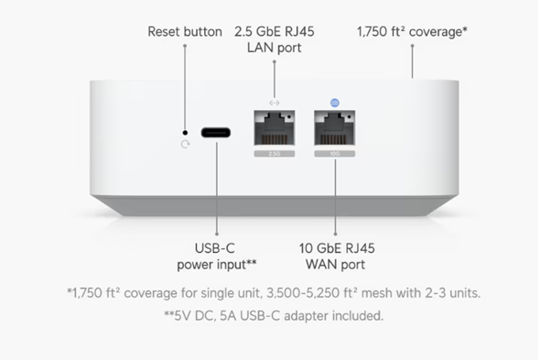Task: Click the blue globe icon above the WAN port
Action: pyautogui.click(x=333, y=103)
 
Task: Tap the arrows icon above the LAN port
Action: pyautogui.click(x=275, y=103)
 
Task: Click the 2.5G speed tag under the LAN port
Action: pyautogui.click(x=275, y=154)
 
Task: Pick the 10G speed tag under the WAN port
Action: pyautogui.click(x=333, y=154)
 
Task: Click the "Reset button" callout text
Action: pyautogui.click(x=184, y=32)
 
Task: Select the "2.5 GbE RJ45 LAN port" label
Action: pyautogui.click(x=275, y=39)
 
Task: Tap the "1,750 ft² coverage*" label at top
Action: pyautogui.click(x=412, y=32)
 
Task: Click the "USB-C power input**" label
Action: pyautogui.click(x=216, y=256)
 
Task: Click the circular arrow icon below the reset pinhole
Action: pyautogui.click(x=185, y=145)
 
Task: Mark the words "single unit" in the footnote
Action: pyautogui.click(x=224, y=293)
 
